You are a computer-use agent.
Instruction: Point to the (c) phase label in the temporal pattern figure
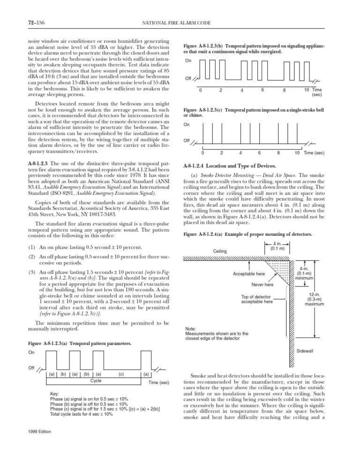[x=121, y=374]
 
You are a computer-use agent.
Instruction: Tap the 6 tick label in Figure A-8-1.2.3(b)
[x=262, y=90]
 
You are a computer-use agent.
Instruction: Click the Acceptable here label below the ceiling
[x=249, y=273]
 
